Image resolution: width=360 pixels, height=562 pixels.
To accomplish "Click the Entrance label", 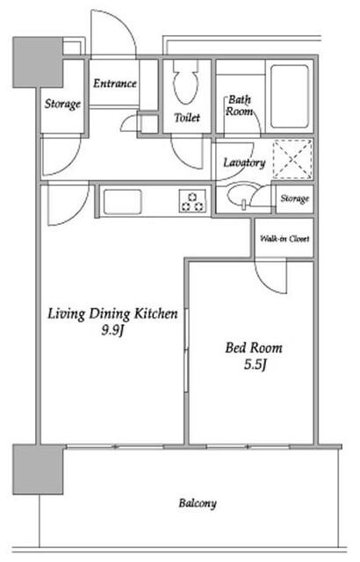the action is [x=115, y=83].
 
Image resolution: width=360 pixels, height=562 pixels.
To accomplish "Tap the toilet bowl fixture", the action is [x=186, y=82].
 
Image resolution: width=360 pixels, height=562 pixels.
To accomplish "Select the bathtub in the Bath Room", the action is [x=290, y=96].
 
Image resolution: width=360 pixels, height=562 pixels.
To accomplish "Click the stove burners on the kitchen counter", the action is [x=192, y=201].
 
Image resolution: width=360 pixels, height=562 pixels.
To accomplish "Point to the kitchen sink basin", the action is [x=123, y=202].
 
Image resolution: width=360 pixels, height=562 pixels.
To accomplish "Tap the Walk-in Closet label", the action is [x=284, y=239].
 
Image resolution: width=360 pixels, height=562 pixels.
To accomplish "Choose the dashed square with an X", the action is [x=292, y=160].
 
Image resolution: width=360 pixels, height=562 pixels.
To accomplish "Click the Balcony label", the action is [x=198, y=503].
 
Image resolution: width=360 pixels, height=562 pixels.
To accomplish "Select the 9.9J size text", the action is [x=112, y=330].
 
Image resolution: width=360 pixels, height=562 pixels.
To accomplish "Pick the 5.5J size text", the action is [x=255, y=364].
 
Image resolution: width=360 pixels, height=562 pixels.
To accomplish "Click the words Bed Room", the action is [x=254, y=348].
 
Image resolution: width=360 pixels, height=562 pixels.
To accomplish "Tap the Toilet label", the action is [x=187, y=117].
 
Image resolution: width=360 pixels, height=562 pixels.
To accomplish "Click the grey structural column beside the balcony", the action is [x=38, y=470].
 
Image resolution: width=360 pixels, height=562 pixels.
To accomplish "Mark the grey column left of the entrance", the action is [x=38, y=62].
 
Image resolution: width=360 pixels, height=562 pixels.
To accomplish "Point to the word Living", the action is [x=67, y=314].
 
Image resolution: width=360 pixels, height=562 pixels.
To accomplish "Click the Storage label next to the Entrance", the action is [x=62, y=104].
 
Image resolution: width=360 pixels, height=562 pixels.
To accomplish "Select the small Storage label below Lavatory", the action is [x=294, y=198].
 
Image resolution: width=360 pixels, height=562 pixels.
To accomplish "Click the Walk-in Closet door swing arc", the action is [x=267, y=281].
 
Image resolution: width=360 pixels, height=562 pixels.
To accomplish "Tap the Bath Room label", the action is [x=239, y=105].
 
